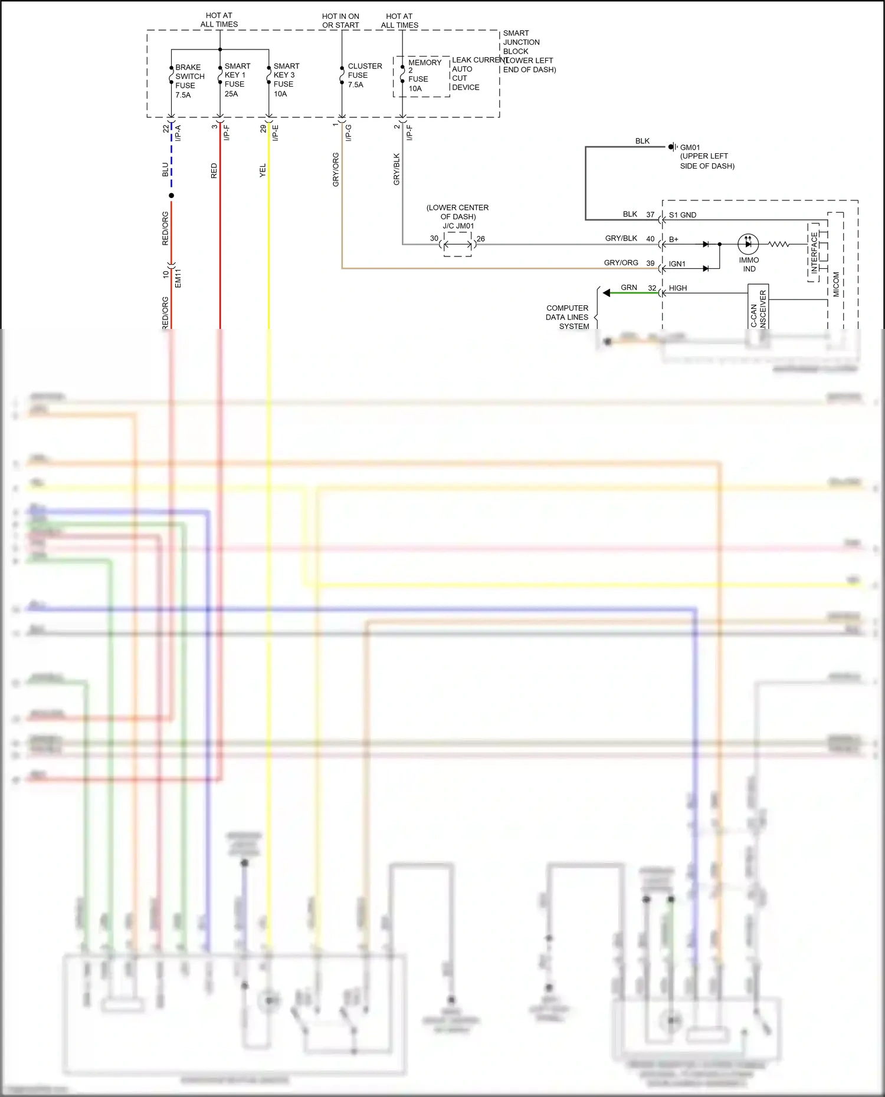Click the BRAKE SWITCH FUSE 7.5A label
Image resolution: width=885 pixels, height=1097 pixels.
click(x=189, y=81)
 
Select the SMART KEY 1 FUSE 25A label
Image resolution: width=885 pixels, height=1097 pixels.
click(x=237, y=80)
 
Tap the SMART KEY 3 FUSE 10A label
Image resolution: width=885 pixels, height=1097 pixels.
click(x=286, y=80)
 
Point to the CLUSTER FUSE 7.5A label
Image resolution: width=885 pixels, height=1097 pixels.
click(x=363, y=75)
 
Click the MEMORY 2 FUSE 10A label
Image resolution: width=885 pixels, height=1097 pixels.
click(x=423, y=75)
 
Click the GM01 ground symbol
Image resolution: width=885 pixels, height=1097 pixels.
click(x=672, y=146)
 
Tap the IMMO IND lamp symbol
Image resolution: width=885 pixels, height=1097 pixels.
click(x=748, y=243)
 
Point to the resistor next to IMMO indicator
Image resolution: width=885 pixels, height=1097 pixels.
click(x=778, y=243)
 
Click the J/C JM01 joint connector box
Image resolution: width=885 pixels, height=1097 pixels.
click(x=458, y=244)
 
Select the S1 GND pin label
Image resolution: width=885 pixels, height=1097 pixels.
click(x=682, y=215)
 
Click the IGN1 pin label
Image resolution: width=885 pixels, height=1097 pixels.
click(x=677, y=264)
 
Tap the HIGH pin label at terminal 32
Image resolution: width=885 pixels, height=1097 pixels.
click(x=677, y=288)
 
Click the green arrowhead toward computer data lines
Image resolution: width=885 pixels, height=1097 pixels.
click(x=607, y=293)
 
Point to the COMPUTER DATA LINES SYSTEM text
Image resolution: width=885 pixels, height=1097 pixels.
click(x=567, y=317)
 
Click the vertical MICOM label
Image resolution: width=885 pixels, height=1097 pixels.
click(x=836, y=284)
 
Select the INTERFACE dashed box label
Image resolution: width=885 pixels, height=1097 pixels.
click(x=814, y=252)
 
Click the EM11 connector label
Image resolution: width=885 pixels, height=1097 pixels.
click(x=178, y=277)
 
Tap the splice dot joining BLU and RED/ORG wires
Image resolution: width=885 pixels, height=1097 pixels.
click(x=171, y=195)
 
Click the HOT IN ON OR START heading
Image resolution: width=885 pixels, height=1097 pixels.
click(x=340, y=21)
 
